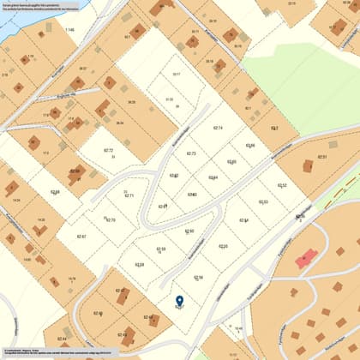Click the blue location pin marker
coord(179,302)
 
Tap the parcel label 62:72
coord(109,151)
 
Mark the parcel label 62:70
coord(110,220)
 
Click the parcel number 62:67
coord(81,236)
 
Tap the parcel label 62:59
coord(160,249)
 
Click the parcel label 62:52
coord(282,185)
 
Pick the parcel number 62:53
coord(264,202)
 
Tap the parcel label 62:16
coord(198,278)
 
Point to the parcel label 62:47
coord(121,291)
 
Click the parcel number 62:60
coord(189,231)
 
